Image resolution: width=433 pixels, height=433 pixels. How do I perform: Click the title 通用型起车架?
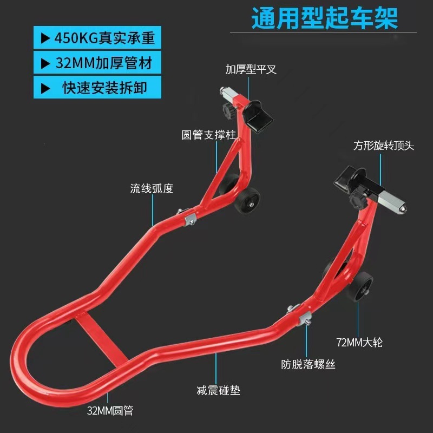pos(324,18)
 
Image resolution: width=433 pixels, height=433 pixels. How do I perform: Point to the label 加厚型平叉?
pos(251,70)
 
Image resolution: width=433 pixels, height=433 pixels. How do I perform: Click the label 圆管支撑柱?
pos(208,135)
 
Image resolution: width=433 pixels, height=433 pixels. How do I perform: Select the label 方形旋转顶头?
pos(384,146)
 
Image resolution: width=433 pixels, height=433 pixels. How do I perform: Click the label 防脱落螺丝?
pos(308,364)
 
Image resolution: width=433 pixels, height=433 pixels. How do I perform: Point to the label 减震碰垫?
pos(218,390)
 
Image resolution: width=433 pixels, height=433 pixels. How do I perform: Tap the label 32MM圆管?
pos(110,410)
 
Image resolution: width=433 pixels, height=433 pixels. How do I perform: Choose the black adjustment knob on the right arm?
pos(358,201)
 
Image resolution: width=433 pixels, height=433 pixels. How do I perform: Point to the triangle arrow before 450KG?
pos(45,38)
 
